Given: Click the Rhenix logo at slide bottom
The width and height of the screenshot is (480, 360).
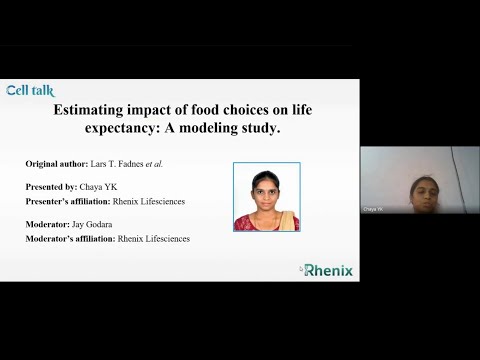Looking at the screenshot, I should pyautogui.click(x=327, y=269).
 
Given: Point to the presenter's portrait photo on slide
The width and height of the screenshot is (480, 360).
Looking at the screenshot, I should pyautogui.click(x=266, y=196).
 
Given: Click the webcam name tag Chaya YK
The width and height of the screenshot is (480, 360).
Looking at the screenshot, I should pyautogui.click(x=372, y=209).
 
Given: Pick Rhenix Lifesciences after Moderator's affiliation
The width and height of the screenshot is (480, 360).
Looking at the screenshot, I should pyautogui.click(x=153, y=239).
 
